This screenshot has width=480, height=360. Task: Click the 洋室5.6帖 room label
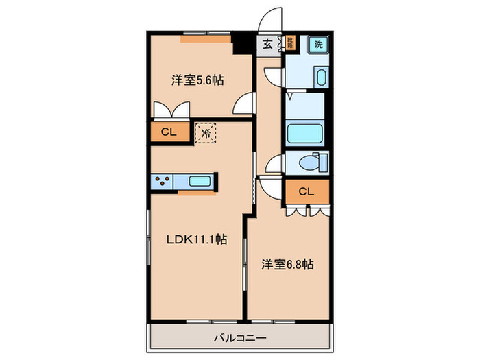(x=197, y=80)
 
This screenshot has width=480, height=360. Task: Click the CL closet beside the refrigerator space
(x=169, y=132)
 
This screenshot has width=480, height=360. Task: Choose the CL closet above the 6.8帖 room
(x=306, y=192)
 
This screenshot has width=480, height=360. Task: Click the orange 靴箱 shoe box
(x=290, y=44)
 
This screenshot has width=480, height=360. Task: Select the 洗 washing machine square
(x=317, y=44)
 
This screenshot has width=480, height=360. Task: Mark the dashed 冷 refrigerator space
(x=206, y=132)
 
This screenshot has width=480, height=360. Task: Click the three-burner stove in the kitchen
(x=163, y=182)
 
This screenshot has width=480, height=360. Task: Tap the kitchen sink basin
(x=200, y=182)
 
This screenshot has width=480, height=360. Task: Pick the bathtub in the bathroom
(x=304, y=133)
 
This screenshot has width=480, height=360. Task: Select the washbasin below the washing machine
(x=321, y=76)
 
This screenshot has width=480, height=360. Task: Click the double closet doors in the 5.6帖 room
(x=169, y=110)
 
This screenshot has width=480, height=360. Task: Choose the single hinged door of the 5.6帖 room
(x=243, y=105)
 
